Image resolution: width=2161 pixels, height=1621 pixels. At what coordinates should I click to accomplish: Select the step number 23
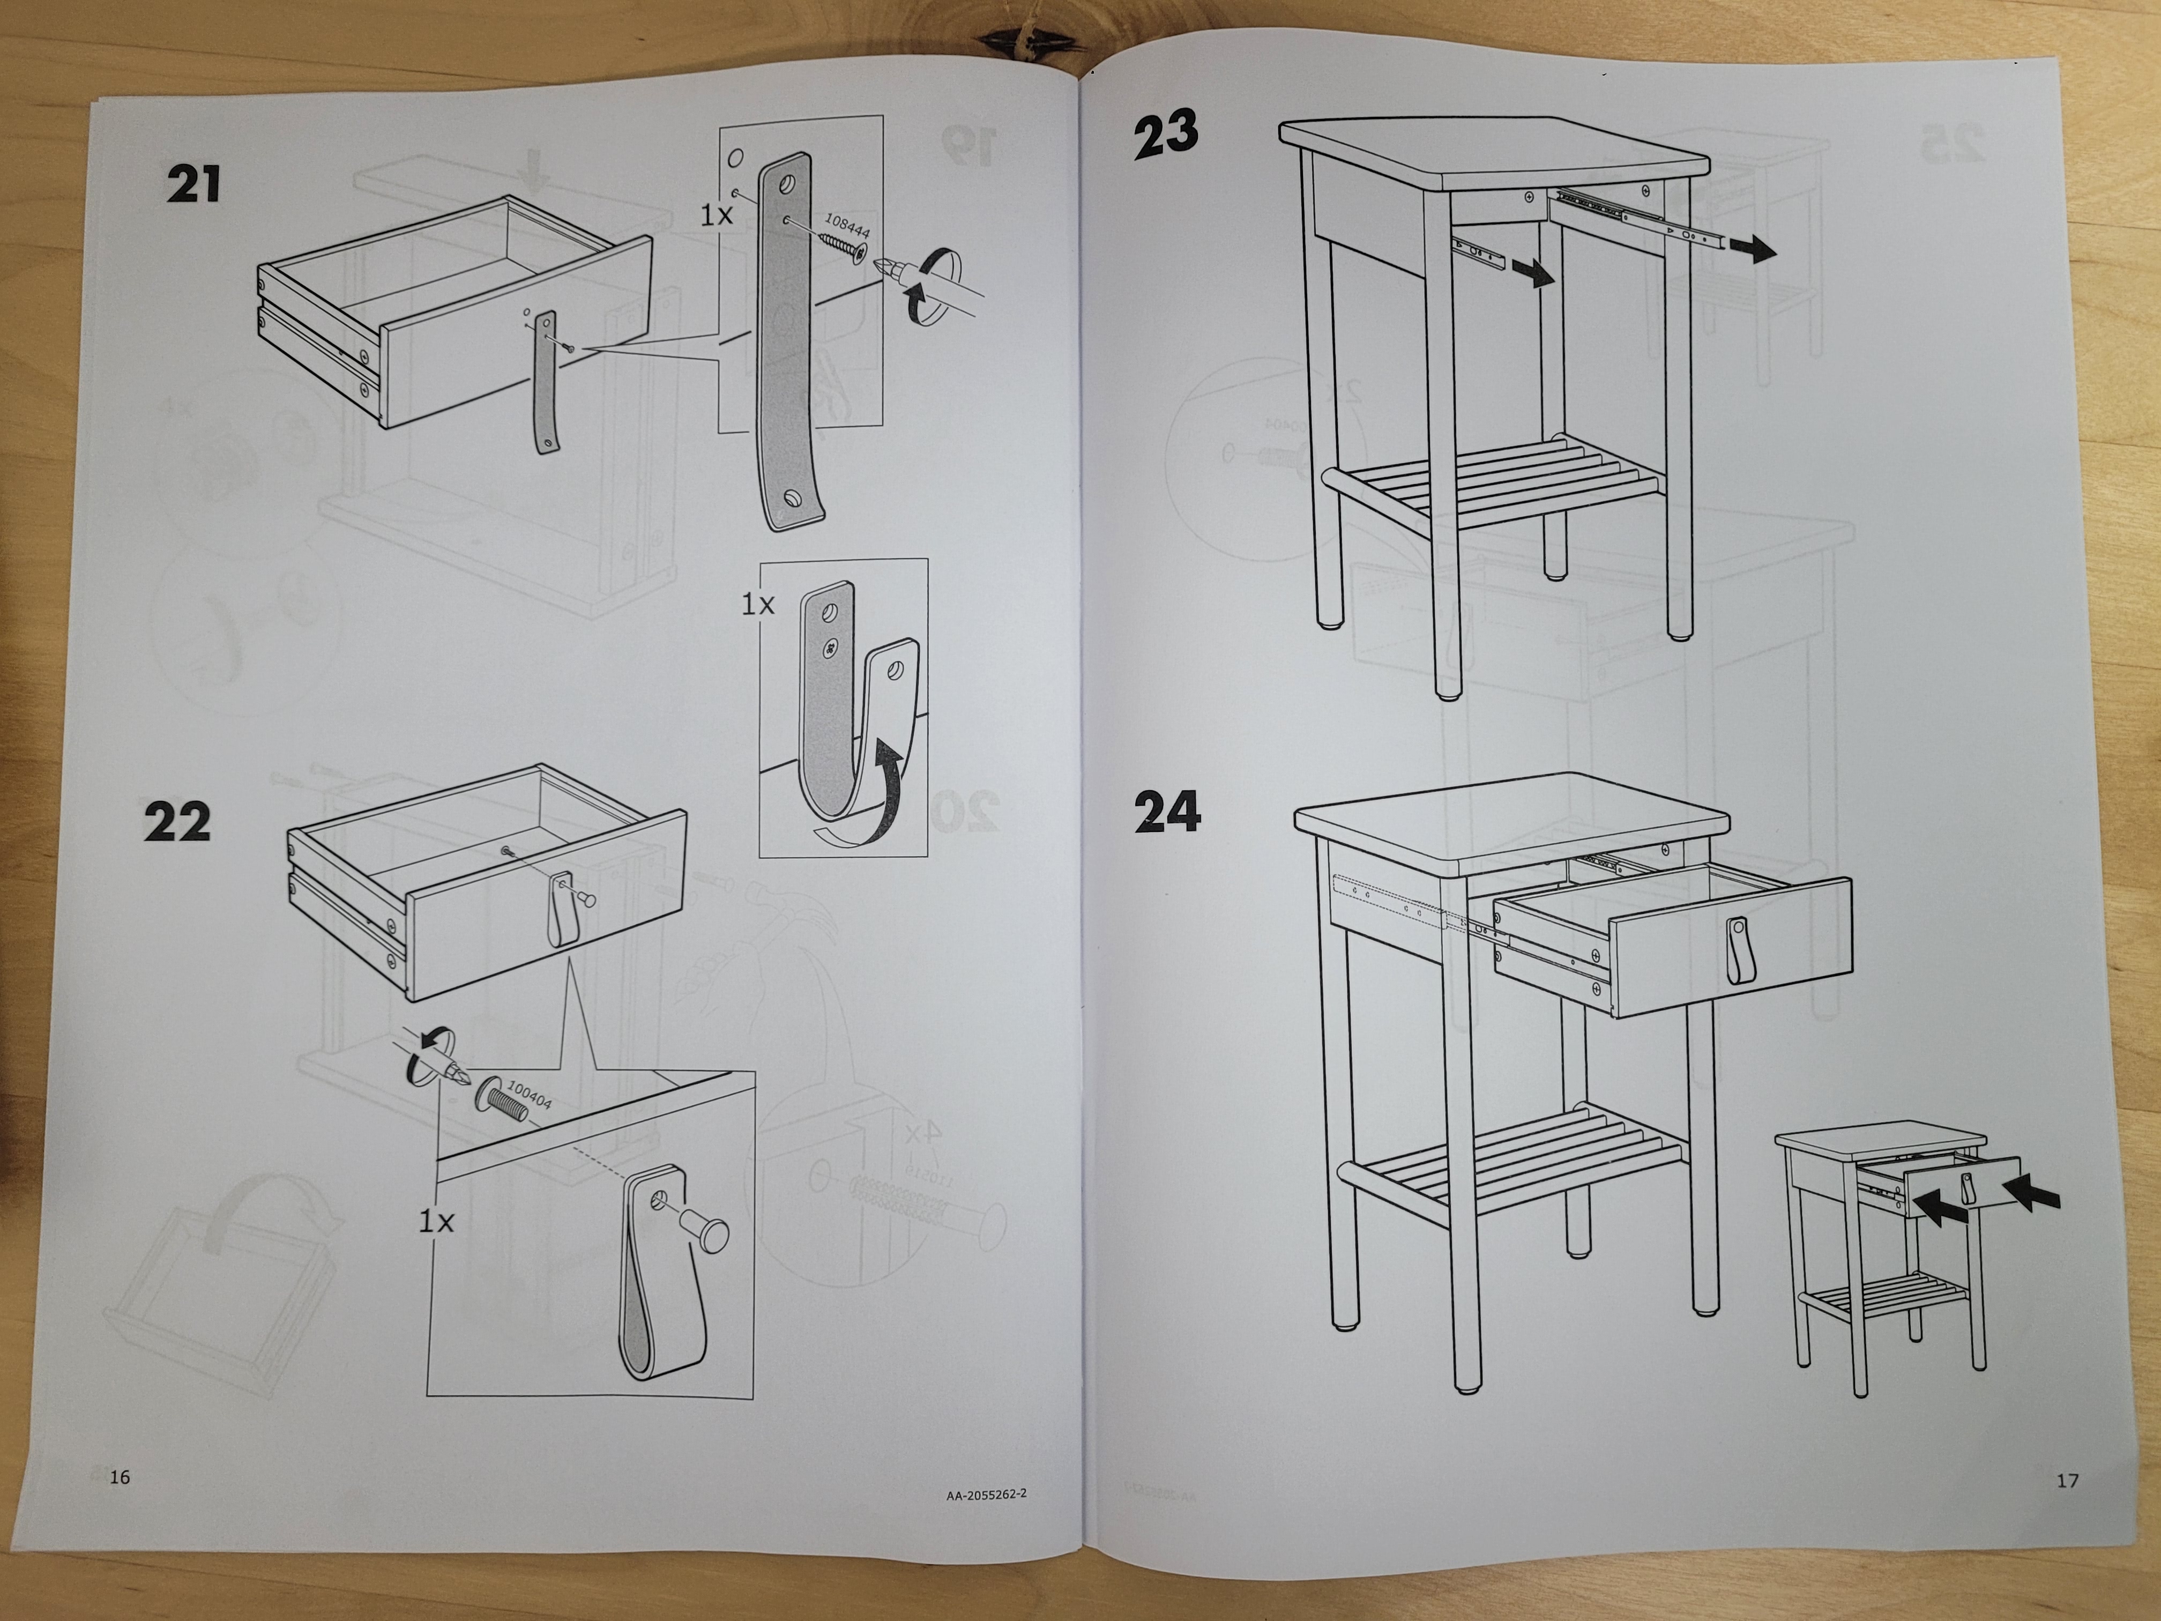tap(1166, 136)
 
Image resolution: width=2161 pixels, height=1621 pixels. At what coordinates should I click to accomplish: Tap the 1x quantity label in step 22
tap(436, 1221)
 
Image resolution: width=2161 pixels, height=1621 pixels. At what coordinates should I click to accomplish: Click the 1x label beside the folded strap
tap(757, 605)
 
